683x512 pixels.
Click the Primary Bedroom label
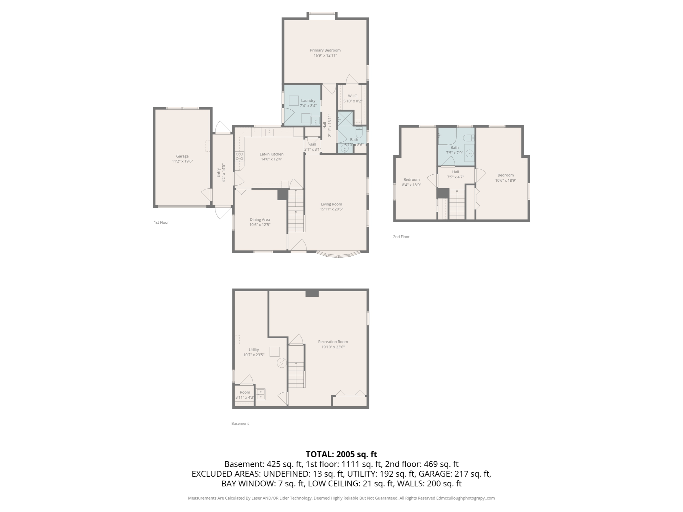(325, 50)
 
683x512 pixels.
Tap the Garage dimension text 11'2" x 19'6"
(182, 161)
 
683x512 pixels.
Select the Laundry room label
(308, 101)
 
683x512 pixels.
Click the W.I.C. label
(353, 96)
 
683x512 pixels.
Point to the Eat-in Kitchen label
(271, 154)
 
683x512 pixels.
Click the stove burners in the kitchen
(239, 156)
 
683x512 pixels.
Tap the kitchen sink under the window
(269, 132)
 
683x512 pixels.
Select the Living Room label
(331, 204)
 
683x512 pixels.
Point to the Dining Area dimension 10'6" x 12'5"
(259, 225)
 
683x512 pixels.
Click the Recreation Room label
(333, 342)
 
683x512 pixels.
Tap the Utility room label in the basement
(253, 350)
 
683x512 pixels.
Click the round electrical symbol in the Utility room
(281, 363)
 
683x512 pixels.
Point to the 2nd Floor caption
(401, 237)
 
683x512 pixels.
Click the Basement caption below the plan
(240, 423)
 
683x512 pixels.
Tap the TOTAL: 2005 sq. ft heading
(341, 454)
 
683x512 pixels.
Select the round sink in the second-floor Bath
(469, 154)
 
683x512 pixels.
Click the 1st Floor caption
(161, 222)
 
